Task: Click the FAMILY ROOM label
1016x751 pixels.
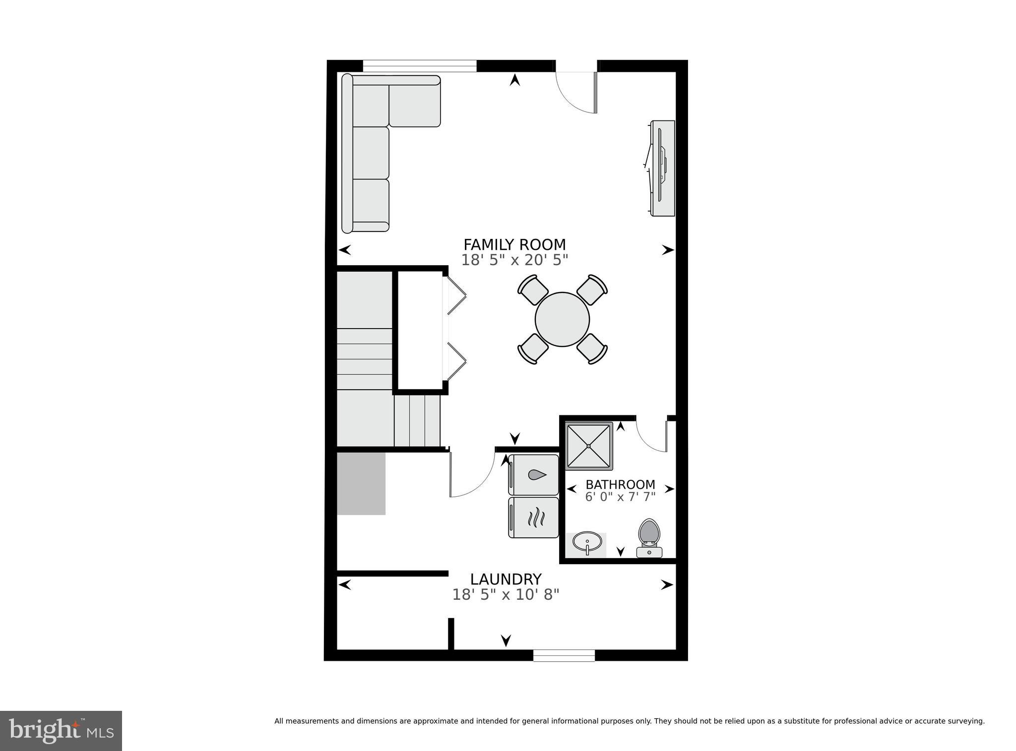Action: click(x=514, y=245)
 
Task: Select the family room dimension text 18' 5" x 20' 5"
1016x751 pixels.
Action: click(x=514, y=260)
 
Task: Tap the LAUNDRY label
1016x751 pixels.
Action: click(x=506, y=579)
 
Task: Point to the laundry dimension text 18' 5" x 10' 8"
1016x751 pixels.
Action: click(x=506, y=595)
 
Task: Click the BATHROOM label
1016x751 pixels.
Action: click(x=620, y=485)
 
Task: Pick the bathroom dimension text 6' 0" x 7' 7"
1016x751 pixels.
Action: click(x=620, y=497)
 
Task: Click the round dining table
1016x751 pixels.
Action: click(x=562, y=320)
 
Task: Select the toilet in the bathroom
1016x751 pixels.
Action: click(x=649, y=537)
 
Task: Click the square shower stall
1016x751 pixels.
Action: click(x=589, y=446)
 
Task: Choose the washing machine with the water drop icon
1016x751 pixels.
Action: click(x=534, y=475)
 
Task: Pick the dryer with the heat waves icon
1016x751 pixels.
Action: click(x=534, y=518)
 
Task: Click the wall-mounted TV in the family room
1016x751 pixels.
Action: click(x=662, y=168)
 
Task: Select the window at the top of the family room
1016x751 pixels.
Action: click(x=420, y=66)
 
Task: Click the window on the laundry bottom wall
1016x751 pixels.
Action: click(x=564, y=655)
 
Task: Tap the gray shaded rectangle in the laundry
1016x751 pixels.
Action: click(x=361, y=483)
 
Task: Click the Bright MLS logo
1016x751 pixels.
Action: click(x=61, y=731)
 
